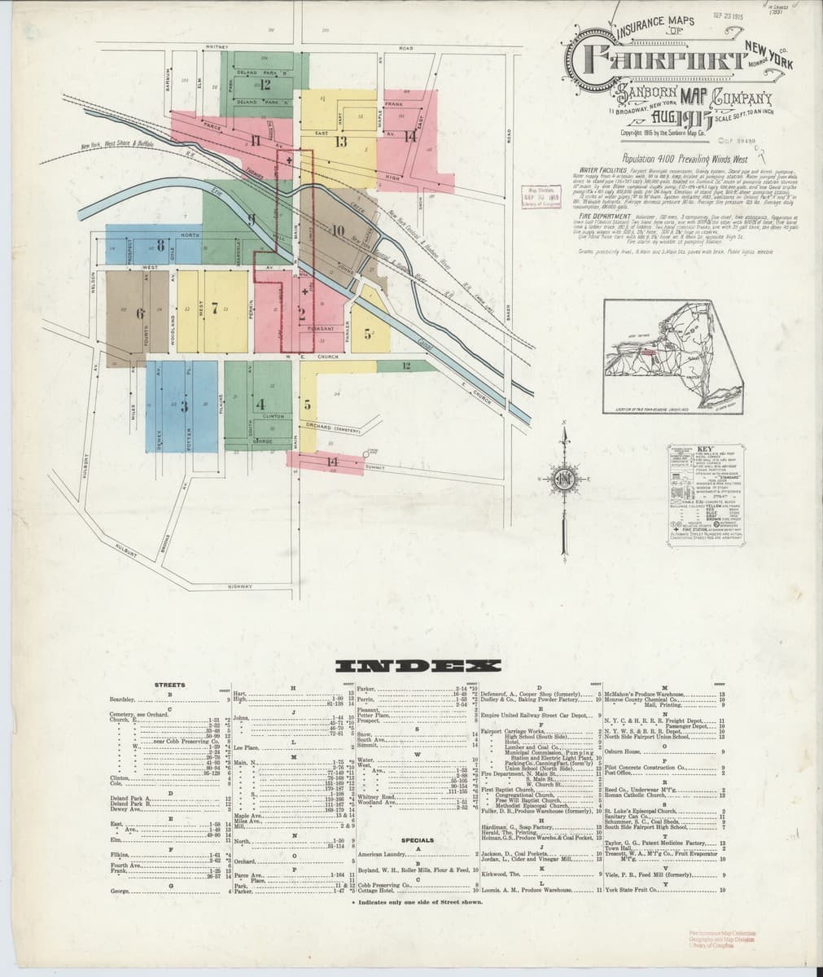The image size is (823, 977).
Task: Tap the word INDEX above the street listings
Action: pyautogui.click(x=410, y=666)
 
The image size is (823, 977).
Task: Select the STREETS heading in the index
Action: pyautogui.click(x=169, y=685)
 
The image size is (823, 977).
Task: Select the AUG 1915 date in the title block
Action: pyautogui.click(x=669, y=120)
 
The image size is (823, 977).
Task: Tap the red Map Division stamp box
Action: pyautogui.click(x=540, y=196)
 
